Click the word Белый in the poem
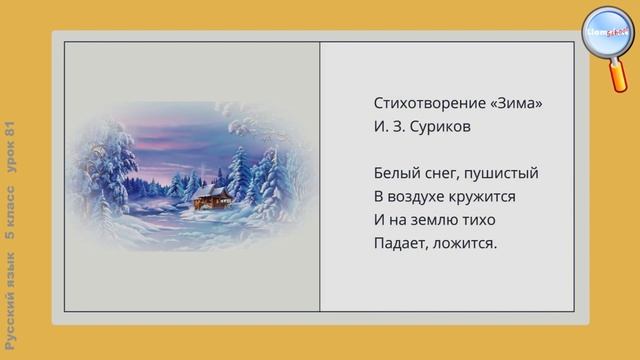396,173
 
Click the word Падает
402,243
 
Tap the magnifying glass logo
606,36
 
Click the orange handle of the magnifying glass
620,78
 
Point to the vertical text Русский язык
12,300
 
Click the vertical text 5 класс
12,218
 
